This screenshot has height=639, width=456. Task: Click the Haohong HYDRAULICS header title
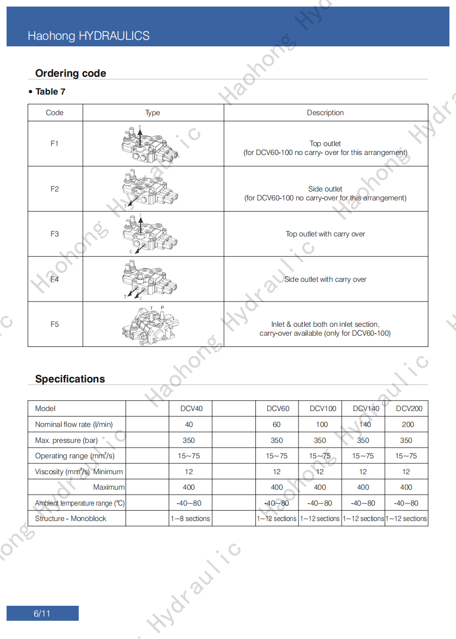coord(89,36)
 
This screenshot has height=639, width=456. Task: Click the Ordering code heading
coord(71,73)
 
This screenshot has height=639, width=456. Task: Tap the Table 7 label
coord(50,92)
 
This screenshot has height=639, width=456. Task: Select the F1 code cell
coord(55,144)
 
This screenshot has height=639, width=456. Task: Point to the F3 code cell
coord(55,234)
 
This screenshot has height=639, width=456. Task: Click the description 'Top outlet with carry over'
coord(325,234)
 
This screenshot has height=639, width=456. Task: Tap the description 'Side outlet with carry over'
coord(325,279)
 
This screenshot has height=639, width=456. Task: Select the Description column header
coord(325,113)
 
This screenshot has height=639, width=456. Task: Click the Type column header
coord(153,113)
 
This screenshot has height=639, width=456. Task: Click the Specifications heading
coord(70,379)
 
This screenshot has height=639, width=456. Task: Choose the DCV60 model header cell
coord(278,409)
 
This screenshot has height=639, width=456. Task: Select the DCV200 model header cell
coord(409,409)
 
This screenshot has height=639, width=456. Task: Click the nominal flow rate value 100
coord(322,425)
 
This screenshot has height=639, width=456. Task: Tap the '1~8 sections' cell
coord(190,519)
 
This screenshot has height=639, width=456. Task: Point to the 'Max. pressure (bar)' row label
coord(67,441)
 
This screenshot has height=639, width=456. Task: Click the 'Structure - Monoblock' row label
coord(71,519)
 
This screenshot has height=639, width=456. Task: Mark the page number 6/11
coord(42,614)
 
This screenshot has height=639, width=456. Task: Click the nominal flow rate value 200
coord(408,425)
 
